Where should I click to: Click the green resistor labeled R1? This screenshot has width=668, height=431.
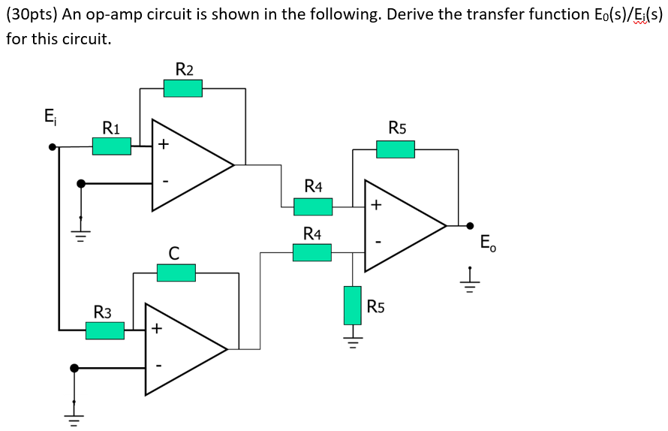[x=112, y=146]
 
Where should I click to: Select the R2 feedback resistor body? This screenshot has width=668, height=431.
[x=183, y=89]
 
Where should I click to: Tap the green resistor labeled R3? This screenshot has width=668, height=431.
[x=105, y=330]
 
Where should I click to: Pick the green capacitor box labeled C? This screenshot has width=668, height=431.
[x=176, y=273]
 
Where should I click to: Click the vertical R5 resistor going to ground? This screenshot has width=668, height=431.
[x=353, y=305]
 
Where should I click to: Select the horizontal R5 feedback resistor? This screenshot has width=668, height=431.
[x=396, y=149]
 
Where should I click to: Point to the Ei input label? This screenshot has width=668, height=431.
[x=50, y=116]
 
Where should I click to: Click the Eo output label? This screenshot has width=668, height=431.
[x=487, y=243]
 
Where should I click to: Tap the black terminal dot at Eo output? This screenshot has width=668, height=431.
[x=470, y=225]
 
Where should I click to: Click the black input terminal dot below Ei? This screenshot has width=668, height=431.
[x=53, y=146]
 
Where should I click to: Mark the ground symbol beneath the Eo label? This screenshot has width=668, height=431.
[x=470, y=279]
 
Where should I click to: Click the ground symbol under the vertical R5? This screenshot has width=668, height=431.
[x=353, y=339]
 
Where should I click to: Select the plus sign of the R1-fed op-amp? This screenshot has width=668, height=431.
[x=163, y=145]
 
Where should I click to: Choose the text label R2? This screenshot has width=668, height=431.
[x=184, y=70]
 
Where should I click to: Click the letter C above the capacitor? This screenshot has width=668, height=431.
[x=173, y=254]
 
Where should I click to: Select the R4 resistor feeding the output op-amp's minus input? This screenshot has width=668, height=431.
[x=312, y=253]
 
